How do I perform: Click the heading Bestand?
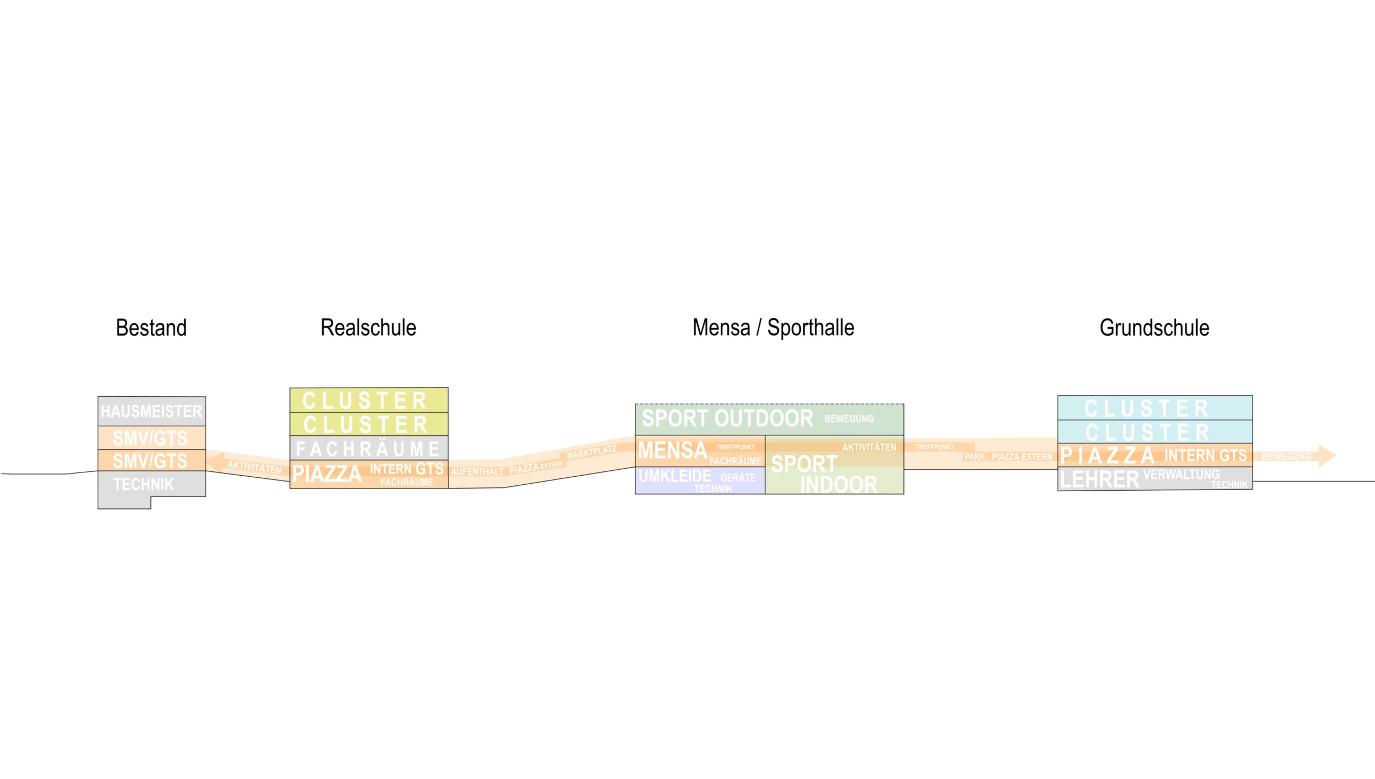151,327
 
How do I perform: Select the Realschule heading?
368,327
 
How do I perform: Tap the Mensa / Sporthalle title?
773,327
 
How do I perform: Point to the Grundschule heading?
1154,327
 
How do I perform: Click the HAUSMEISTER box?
151,411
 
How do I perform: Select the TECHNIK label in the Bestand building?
143,484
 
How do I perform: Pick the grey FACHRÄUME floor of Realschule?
368,448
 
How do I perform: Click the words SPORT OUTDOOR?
727,419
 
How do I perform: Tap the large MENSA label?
672,450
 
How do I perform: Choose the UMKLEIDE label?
675,476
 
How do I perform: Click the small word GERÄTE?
737,477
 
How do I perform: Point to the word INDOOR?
838,485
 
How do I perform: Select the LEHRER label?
1099,479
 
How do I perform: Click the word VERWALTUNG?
1181,475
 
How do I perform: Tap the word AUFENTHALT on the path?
477,471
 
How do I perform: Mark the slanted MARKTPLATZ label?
591,452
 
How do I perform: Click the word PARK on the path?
974,457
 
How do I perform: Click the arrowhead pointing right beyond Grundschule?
1327,456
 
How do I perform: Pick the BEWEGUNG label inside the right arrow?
1286,457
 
